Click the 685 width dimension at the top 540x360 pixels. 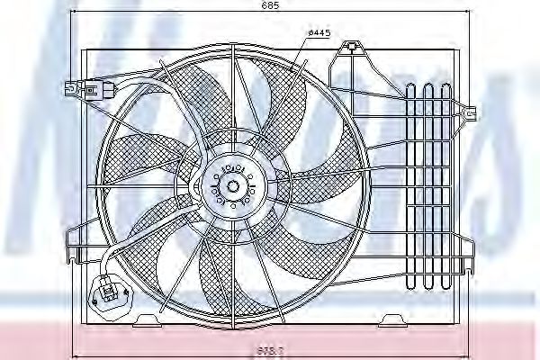pos(270,6)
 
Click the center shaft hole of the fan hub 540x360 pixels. pos(233,186)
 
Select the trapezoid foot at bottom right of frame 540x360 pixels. pos(392,319)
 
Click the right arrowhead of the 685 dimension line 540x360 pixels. pos(469,12)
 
